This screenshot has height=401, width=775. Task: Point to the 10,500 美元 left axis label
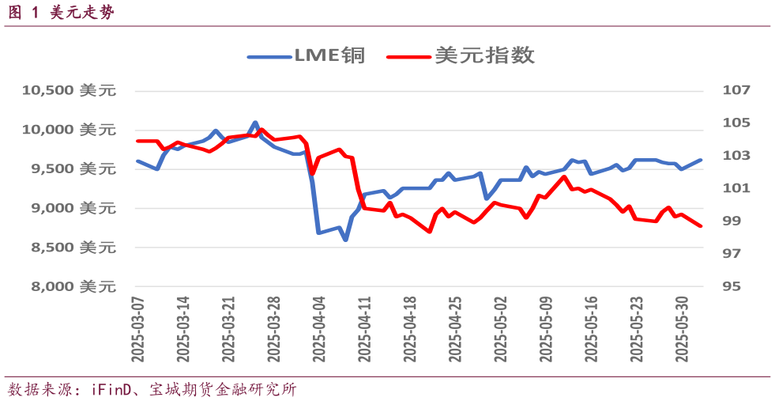69,90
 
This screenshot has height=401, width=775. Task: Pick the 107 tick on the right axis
735,90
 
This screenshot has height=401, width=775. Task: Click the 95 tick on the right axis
732,286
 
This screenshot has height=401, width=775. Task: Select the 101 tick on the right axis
735,188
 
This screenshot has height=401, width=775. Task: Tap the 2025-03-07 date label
137,329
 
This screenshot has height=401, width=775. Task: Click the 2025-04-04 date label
318,329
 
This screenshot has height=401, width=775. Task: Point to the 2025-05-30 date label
679,329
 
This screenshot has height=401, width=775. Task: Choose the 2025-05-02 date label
498,329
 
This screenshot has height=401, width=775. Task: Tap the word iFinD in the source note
113,390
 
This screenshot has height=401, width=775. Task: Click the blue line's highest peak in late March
254,123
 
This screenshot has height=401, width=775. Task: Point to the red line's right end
701,226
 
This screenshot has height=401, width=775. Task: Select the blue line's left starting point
137,161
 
